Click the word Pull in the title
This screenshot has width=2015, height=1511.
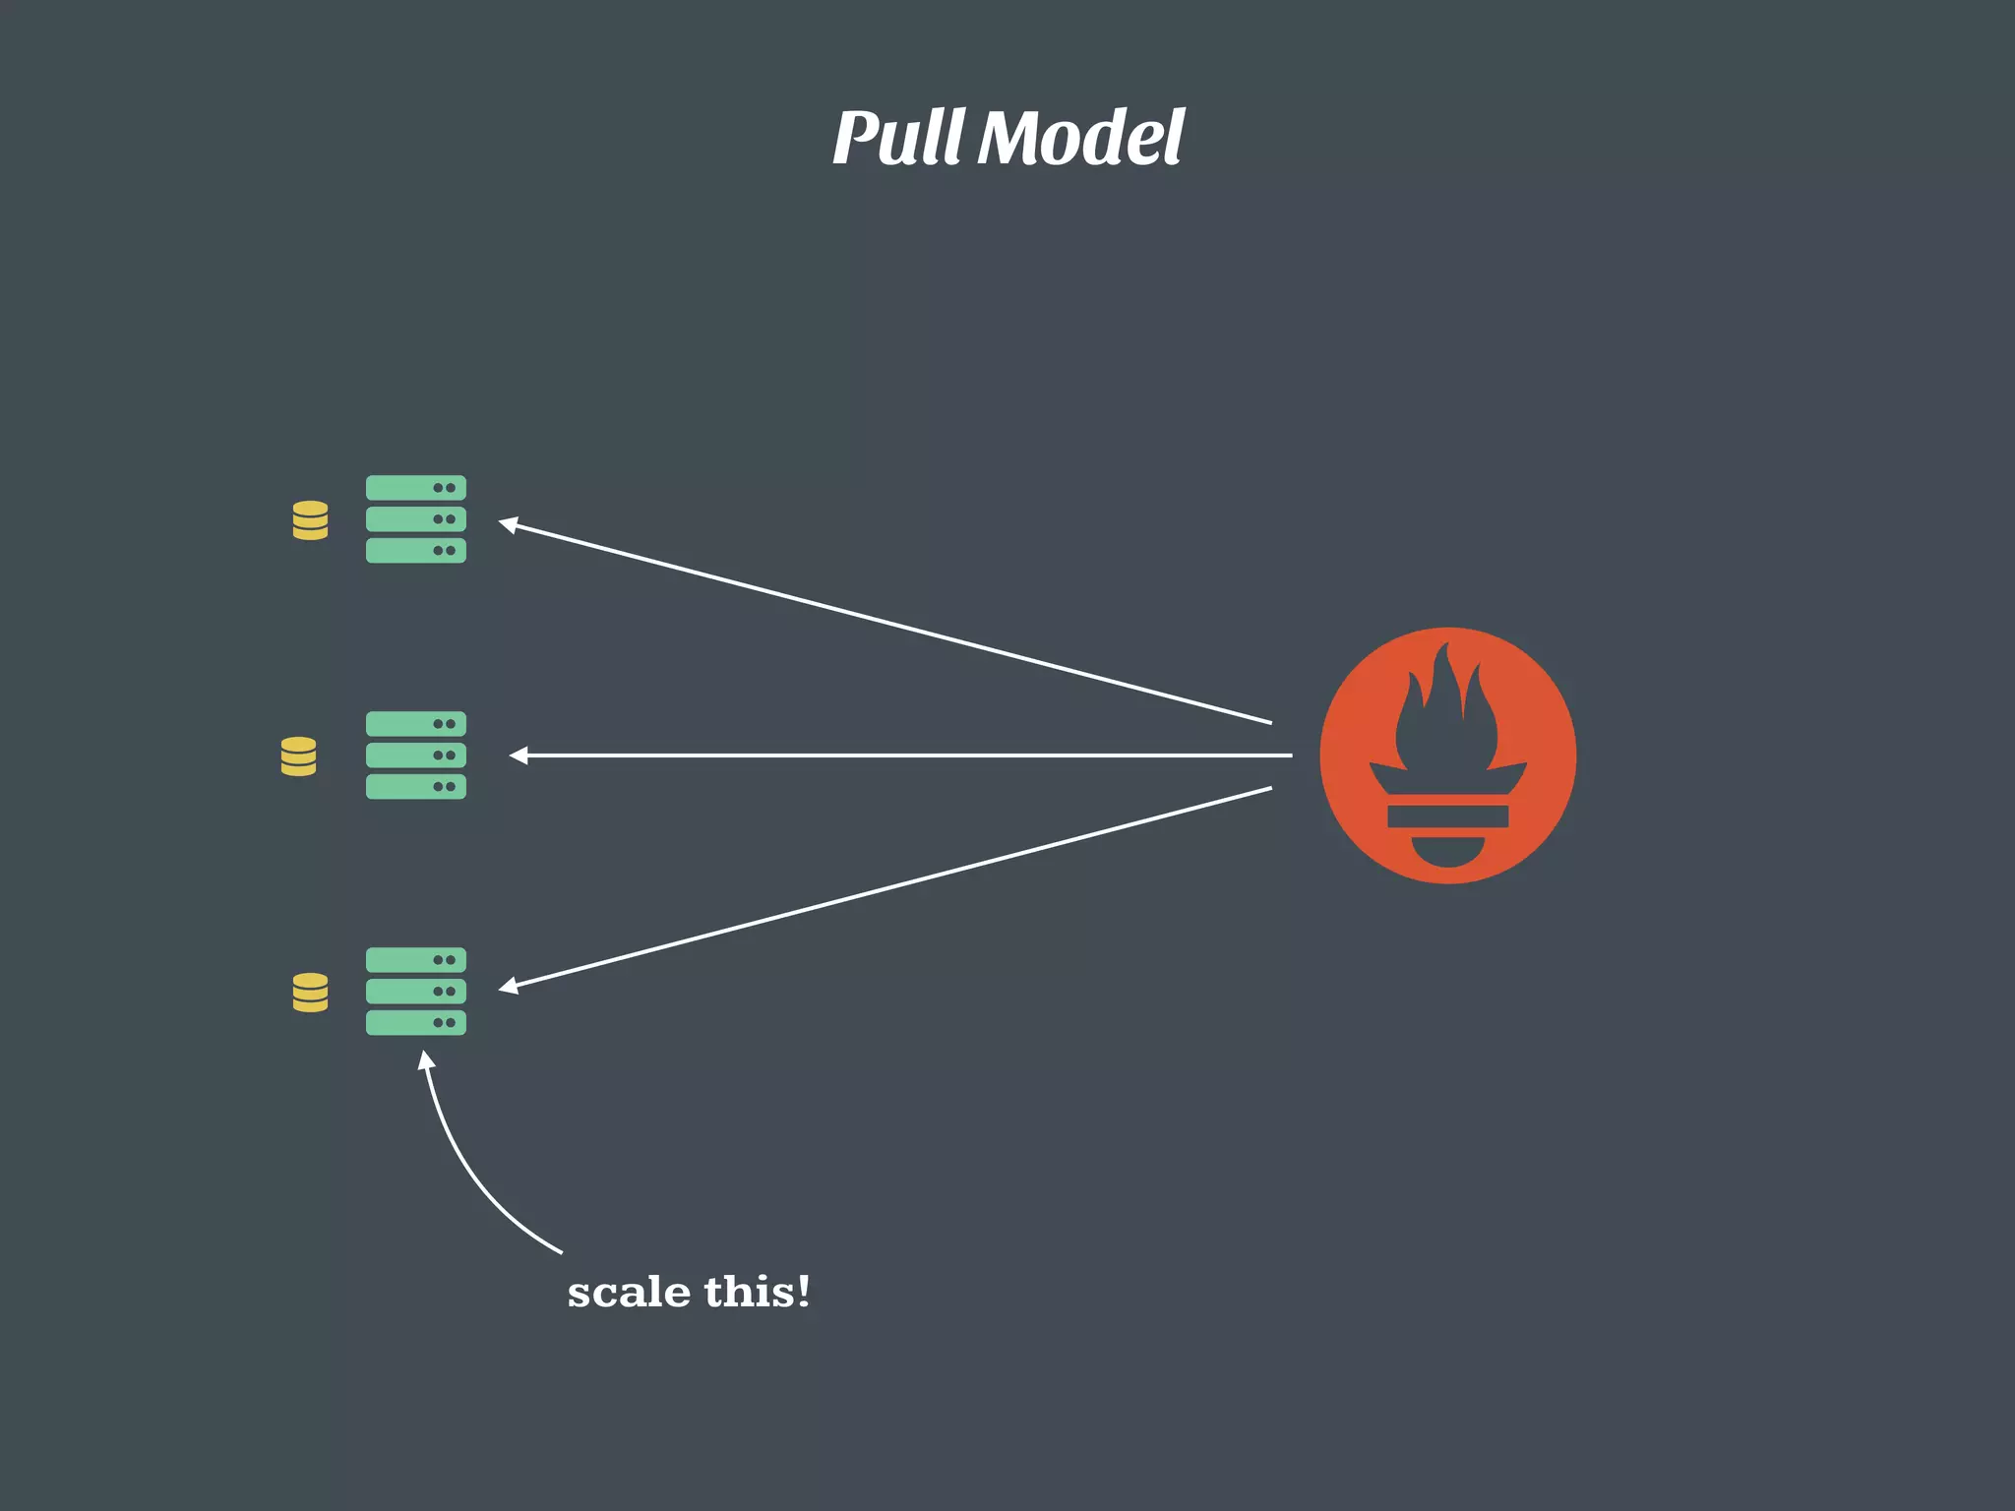click(x=897, y=138)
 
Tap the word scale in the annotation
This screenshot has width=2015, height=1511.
click(x=628, y=1293)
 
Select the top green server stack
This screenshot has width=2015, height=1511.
click(x=415, y=518)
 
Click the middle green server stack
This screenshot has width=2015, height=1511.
click(x=415, y=755)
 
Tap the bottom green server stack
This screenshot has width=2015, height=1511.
click(x=415, y=991)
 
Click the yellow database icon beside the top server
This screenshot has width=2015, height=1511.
click(x=310, y=520)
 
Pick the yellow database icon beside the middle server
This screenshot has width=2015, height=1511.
click(x=298, y=756)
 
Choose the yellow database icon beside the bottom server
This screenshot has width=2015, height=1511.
click(x=310, y=993)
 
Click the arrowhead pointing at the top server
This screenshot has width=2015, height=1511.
click(x=508, y=524)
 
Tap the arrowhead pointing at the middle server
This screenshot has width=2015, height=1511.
click(x=518, y=755)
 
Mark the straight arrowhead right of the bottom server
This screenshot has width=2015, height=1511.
click(x=508, y=986)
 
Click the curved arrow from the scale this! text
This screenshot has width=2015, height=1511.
click(x=462, y=1171)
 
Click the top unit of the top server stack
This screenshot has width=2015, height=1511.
click(x=415, y=488)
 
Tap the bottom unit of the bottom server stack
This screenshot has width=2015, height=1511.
click(x=415, y=1022)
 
